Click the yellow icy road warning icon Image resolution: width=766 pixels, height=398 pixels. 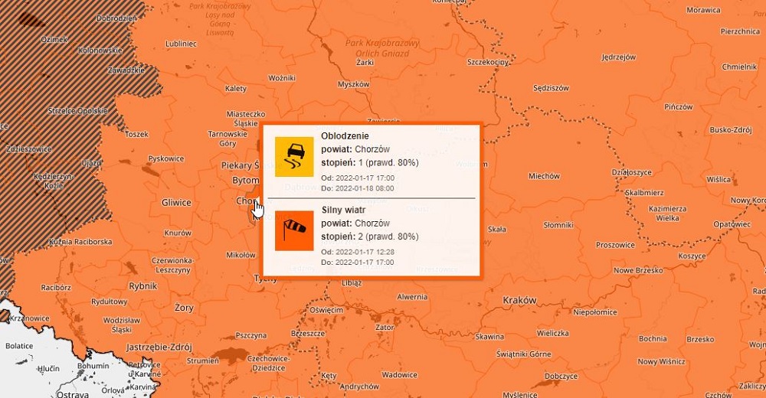point(294,156)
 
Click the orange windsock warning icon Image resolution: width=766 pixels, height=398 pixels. point(294,230)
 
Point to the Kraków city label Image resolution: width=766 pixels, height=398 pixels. point(519,301)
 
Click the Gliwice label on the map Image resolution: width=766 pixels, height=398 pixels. point(176,202)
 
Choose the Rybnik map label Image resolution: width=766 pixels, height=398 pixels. point(142,285)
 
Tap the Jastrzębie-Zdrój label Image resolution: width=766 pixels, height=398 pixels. point(159,346)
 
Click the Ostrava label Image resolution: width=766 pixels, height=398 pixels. point(72,393)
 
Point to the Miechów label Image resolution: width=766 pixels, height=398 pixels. point(544,176)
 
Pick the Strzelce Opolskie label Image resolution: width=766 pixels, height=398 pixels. point(77,111)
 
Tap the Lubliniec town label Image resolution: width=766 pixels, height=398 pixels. point(181,44)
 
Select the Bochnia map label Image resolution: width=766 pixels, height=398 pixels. point(653,338)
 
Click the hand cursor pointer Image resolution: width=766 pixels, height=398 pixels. point(258,208)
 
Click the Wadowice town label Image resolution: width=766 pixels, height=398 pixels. point(400,375)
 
